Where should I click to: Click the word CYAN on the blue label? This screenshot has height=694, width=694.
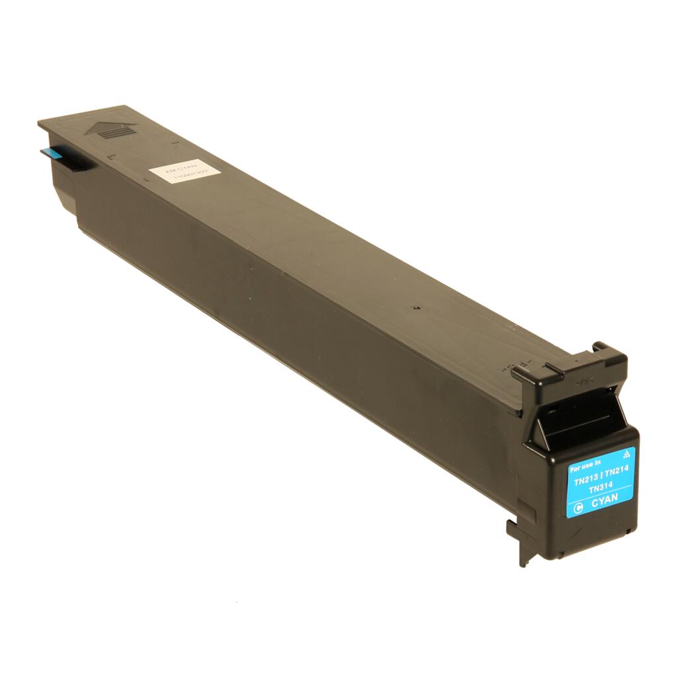coord(604,502)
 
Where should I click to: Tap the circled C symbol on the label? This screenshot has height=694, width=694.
coord(578,508)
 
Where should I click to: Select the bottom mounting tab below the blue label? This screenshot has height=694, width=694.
coord(519,542)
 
